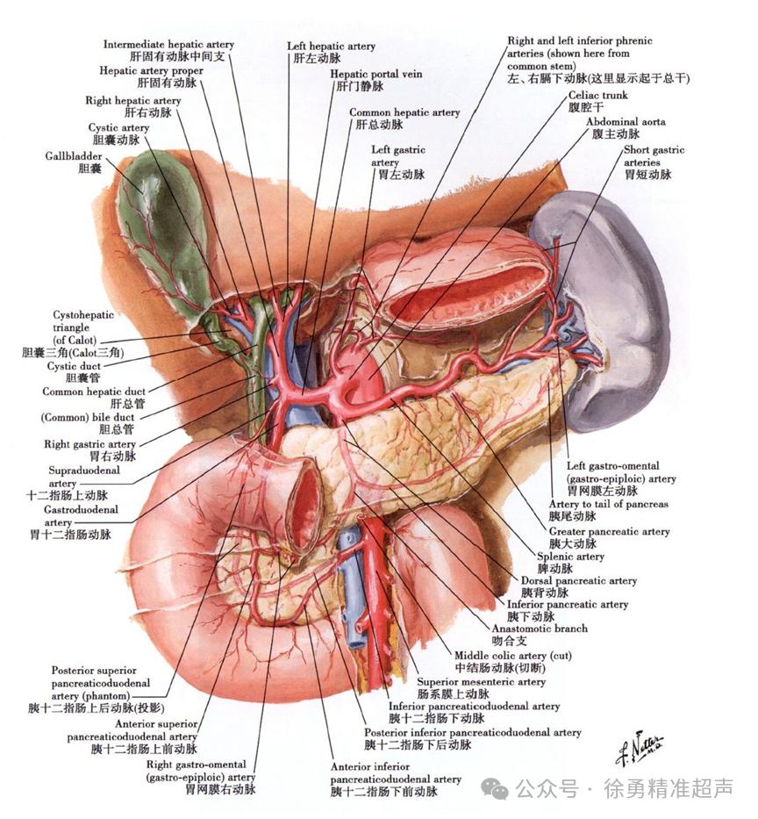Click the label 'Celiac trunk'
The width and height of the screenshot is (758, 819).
[597, 94]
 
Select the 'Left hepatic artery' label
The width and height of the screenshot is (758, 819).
[331, 46]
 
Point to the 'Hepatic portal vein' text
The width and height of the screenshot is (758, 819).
[375, 74]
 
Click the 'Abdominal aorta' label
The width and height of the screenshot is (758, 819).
[625, 121]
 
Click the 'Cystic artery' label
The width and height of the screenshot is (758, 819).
[118, 128]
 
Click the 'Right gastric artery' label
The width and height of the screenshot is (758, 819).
[89, 444]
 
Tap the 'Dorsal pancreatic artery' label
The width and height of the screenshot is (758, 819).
[578, 580]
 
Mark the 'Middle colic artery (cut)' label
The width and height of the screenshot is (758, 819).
[512, 655]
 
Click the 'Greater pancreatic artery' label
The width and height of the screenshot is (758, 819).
[609, 531]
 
